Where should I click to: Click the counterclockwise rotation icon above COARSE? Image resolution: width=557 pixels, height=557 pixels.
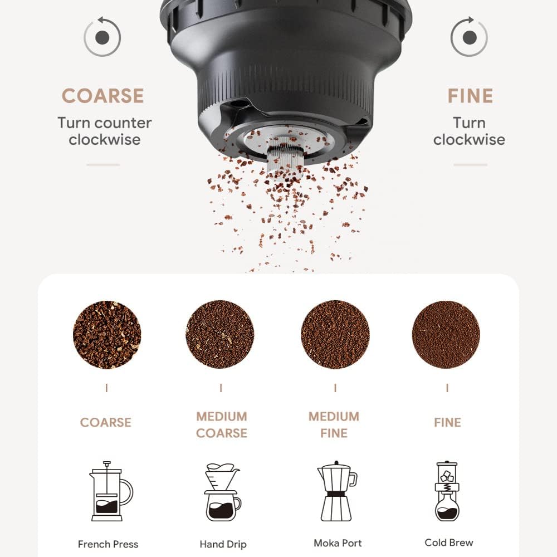[x=102, y=37]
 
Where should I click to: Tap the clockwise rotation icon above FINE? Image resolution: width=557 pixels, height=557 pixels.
[x=469, y=37]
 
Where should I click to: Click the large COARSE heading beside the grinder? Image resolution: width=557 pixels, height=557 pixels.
[x=103, y=96]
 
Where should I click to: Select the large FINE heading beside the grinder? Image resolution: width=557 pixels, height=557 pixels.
[x=470, y=96]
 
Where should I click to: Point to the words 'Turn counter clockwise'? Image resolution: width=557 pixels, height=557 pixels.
[x=105, y=131]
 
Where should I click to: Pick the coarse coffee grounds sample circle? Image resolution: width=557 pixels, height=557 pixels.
[x=107, y=335]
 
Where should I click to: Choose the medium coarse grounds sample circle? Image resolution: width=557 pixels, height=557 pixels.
[x=220, y=334]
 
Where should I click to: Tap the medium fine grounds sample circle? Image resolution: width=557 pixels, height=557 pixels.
[x=335, y=334]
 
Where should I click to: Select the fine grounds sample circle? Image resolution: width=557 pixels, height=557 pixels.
[x=446, y=334]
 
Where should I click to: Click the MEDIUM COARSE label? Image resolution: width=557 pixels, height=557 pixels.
[x=222, y=424]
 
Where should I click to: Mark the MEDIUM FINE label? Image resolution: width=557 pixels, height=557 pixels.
[x=334, y=424]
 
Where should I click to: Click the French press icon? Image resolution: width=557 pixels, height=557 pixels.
[x=111, y=491]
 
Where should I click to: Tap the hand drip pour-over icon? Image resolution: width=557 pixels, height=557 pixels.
[x=222, y=492]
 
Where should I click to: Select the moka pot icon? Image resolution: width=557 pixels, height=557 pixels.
[x=337, y=491]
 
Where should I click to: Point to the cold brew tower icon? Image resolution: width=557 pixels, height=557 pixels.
[x=447, y=491]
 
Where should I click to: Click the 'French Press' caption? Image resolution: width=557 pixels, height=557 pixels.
[x=108, y=544]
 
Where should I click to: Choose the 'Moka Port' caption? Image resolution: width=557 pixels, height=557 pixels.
[x=338, y=543]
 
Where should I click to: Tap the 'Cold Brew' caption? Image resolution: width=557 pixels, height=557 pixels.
[x=449, y=543]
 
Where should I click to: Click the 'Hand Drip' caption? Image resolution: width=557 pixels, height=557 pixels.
[x=223, y=544]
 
